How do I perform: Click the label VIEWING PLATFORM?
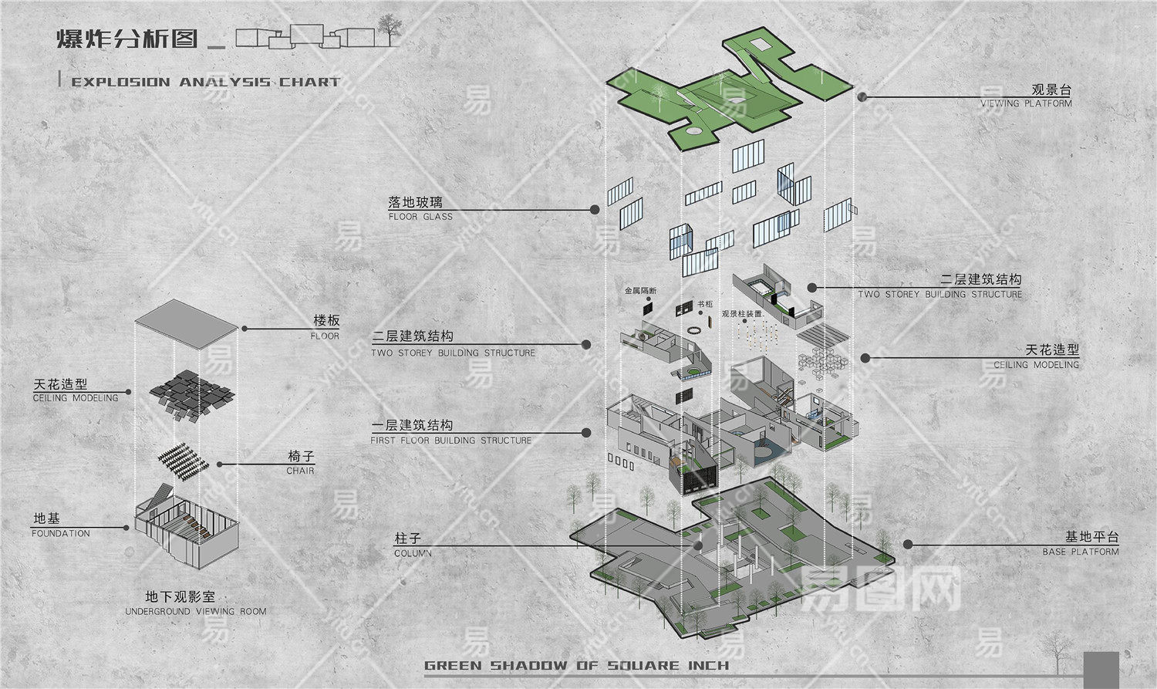click(x=1026, y=103)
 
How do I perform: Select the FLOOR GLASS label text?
click(x=420, y=217)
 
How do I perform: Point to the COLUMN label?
click(x=413, y=553)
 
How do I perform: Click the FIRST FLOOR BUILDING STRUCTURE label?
click(x=451, y=441)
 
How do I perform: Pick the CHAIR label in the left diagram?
click(x=300, y=471)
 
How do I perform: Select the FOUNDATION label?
click(x=61, y=533)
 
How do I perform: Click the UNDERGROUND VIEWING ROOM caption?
click(x=196, y=611)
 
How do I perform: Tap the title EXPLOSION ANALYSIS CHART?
click(x=205, y=82)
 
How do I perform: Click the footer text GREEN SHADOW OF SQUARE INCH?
click(x=576, y=665)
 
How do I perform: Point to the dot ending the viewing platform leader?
click(x=862, y=97)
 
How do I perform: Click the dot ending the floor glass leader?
click(x=595, y=209)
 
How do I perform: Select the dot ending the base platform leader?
click(x=908, y=544)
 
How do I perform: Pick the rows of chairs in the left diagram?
click(x=185, y=460)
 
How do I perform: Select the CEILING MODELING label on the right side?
click(x=1036, y=365)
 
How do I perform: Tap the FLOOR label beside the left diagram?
click(x=325, y=336)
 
